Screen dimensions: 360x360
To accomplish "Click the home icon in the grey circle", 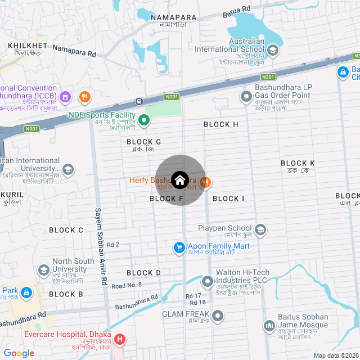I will [x=180, y=180].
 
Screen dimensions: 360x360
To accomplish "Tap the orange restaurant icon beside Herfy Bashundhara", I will [x=205, y=181].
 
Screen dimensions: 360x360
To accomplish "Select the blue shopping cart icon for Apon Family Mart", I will [x=179, y=247].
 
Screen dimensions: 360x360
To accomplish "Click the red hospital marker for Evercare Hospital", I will [x=120, y=339].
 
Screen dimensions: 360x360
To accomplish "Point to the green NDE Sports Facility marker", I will [x=144, y=119].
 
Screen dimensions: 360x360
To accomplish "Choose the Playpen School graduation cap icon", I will [x=260, y=229].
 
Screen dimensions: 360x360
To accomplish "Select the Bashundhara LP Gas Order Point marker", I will [x=246, y=97].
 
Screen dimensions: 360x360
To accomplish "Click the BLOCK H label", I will [x=221, y=124].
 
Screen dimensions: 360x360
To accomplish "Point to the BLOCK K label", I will [x=298, y=163].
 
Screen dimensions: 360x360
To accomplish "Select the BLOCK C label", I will [x=66, y=230].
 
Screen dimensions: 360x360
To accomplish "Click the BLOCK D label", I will [x=144, y=273].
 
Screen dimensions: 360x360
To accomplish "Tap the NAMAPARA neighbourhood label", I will [x=173, y=18].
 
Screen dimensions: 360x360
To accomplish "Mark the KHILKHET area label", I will [x=28, y=44].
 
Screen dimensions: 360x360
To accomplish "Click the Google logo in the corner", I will [x=18, y=353].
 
